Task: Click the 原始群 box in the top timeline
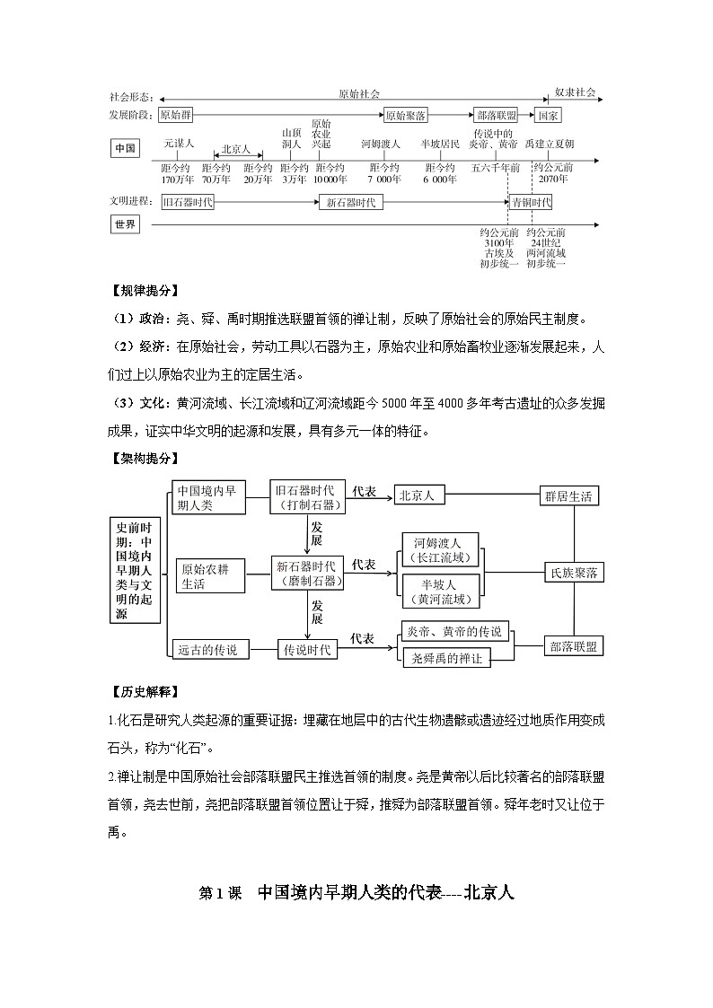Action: click(175, 116)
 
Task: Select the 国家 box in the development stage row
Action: click(548, 116)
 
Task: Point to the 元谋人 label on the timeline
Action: click(179, 144)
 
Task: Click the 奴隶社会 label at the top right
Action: click(575, 92)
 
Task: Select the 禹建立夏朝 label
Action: click(550, 144)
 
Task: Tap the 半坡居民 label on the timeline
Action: click(440, 144)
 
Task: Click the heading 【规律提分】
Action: click(142, 290)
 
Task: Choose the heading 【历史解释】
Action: click(142, 691)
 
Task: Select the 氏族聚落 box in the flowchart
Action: click(574, 573)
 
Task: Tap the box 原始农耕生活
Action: click(210, 574)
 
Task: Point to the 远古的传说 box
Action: click(207, 649)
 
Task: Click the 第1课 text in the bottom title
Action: click(220, 894)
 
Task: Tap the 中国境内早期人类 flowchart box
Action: click(207, 496)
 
